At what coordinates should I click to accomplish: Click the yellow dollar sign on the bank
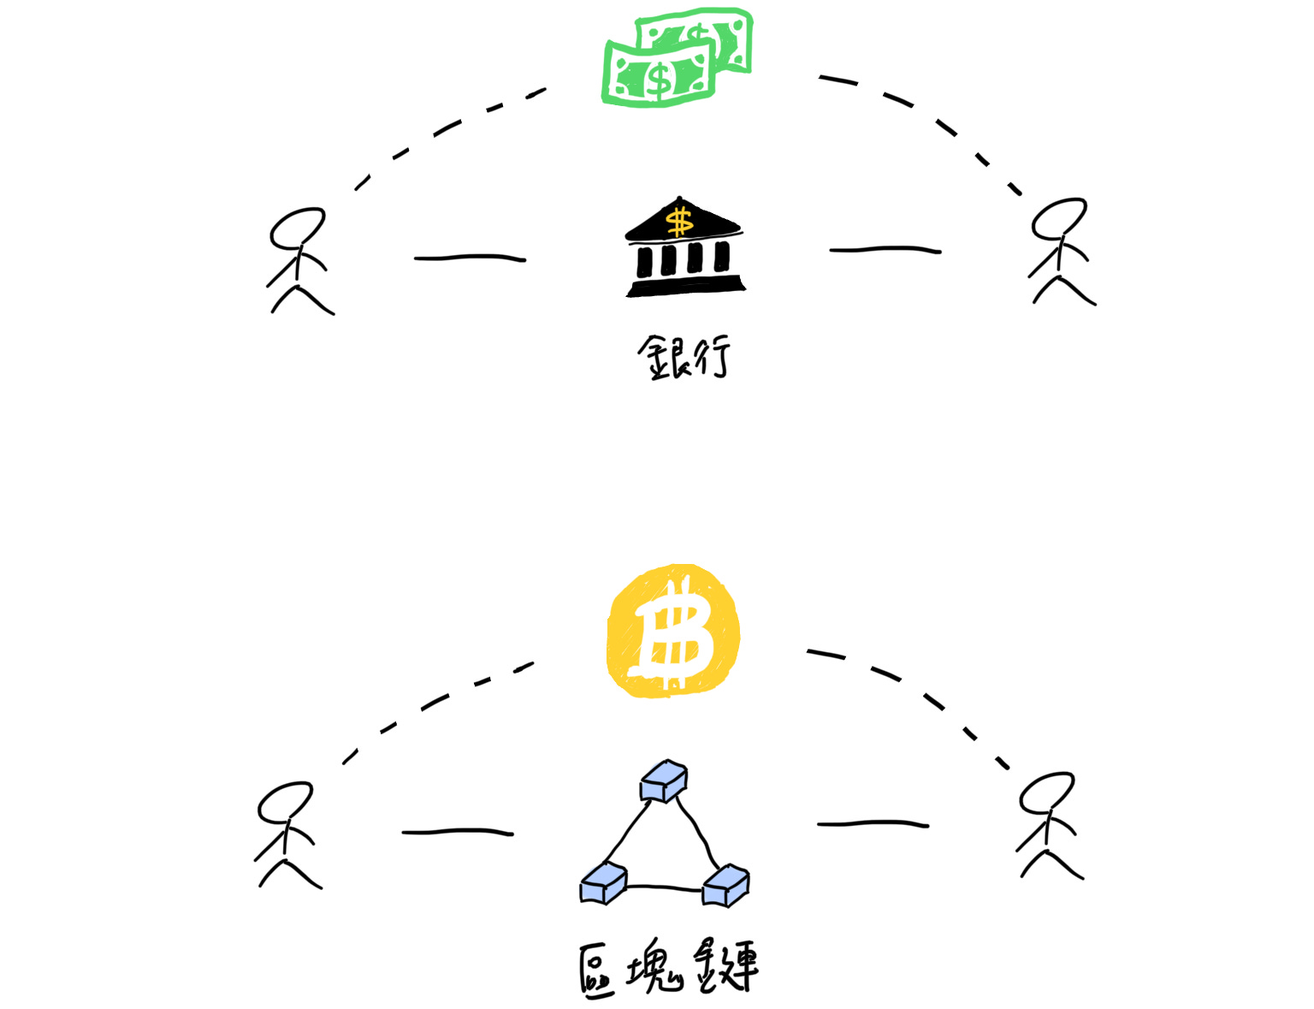[680, 222]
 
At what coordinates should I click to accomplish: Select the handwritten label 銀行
[684, 357]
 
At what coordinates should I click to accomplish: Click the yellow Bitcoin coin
[673, 631]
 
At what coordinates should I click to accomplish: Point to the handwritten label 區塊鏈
[668, 969]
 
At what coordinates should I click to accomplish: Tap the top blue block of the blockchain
[664, 781]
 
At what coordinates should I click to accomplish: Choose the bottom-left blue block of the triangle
[604, 883]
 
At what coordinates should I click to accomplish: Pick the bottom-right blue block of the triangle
[725, 885]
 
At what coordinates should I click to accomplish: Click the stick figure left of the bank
[299, 261]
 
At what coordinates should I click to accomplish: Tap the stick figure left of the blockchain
[287, 834]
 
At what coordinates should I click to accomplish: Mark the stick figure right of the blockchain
[1048, 825]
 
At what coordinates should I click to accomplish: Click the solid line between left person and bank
[470, 257]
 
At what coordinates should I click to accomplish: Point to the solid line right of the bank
[885, 250]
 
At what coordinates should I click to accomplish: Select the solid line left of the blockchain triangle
[458, 831]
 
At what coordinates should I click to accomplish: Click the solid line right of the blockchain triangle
[873, 824]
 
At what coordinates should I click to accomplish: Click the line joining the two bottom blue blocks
[665, 888]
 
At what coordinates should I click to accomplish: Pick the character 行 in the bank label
[711, 356]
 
